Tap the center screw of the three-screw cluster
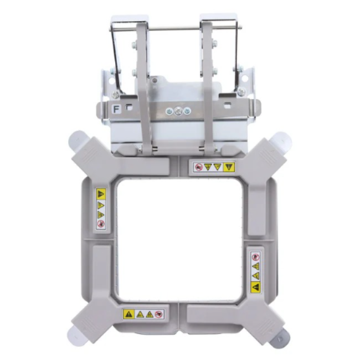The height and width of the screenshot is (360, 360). coord(178,111)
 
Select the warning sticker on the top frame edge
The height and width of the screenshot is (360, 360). coord(214,167)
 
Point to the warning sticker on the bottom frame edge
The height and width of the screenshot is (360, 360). coord(143,314)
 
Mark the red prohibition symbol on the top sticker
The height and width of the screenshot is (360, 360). coord(198,167)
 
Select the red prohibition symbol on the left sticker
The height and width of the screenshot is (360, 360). coord(101,224)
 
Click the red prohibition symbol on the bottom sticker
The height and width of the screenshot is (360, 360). coord(159,314)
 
